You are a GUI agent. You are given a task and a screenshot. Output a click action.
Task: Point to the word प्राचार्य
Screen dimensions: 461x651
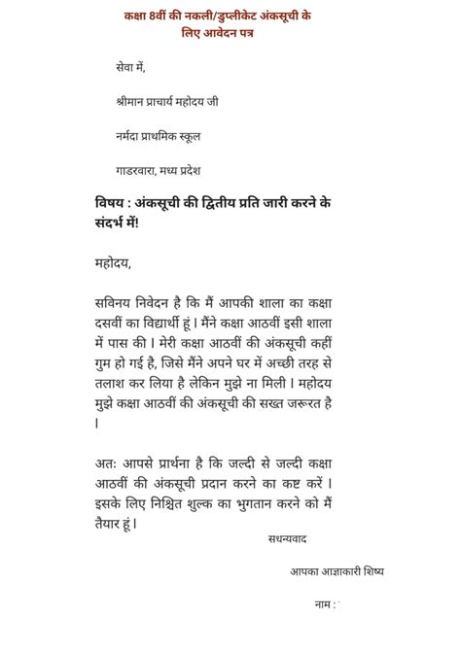point(175,100)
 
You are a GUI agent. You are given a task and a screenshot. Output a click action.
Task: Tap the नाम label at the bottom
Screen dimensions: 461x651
point(324,604)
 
